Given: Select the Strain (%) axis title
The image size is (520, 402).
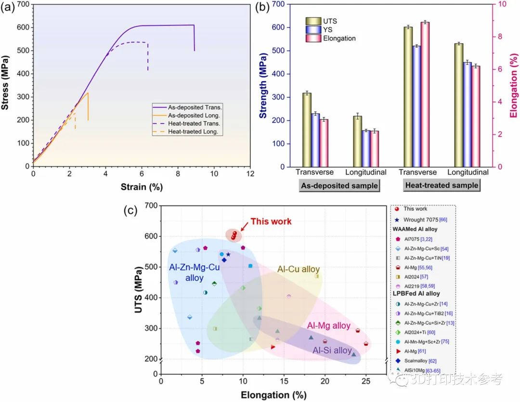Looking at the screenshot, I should click(x=141, y=187).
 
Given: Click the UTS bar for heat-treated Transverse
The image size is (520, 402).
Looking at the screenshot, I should click(x=408, y=96).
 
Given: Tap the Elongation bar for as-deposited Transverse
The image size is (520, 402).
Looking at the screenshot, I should click(x=324, y=143).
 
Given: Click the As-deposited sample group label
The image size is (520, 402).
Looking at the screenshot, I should click(x=339, y=185).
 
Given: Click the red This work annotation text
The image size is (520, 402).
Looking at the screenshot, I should click(x=271, y=221).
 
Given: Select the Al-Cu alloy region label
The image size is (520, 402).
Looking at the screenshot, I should click(x=299, y=269).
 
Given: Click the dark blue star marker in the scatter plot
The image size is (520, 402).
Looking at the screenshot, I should click(x=228, y=254).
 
